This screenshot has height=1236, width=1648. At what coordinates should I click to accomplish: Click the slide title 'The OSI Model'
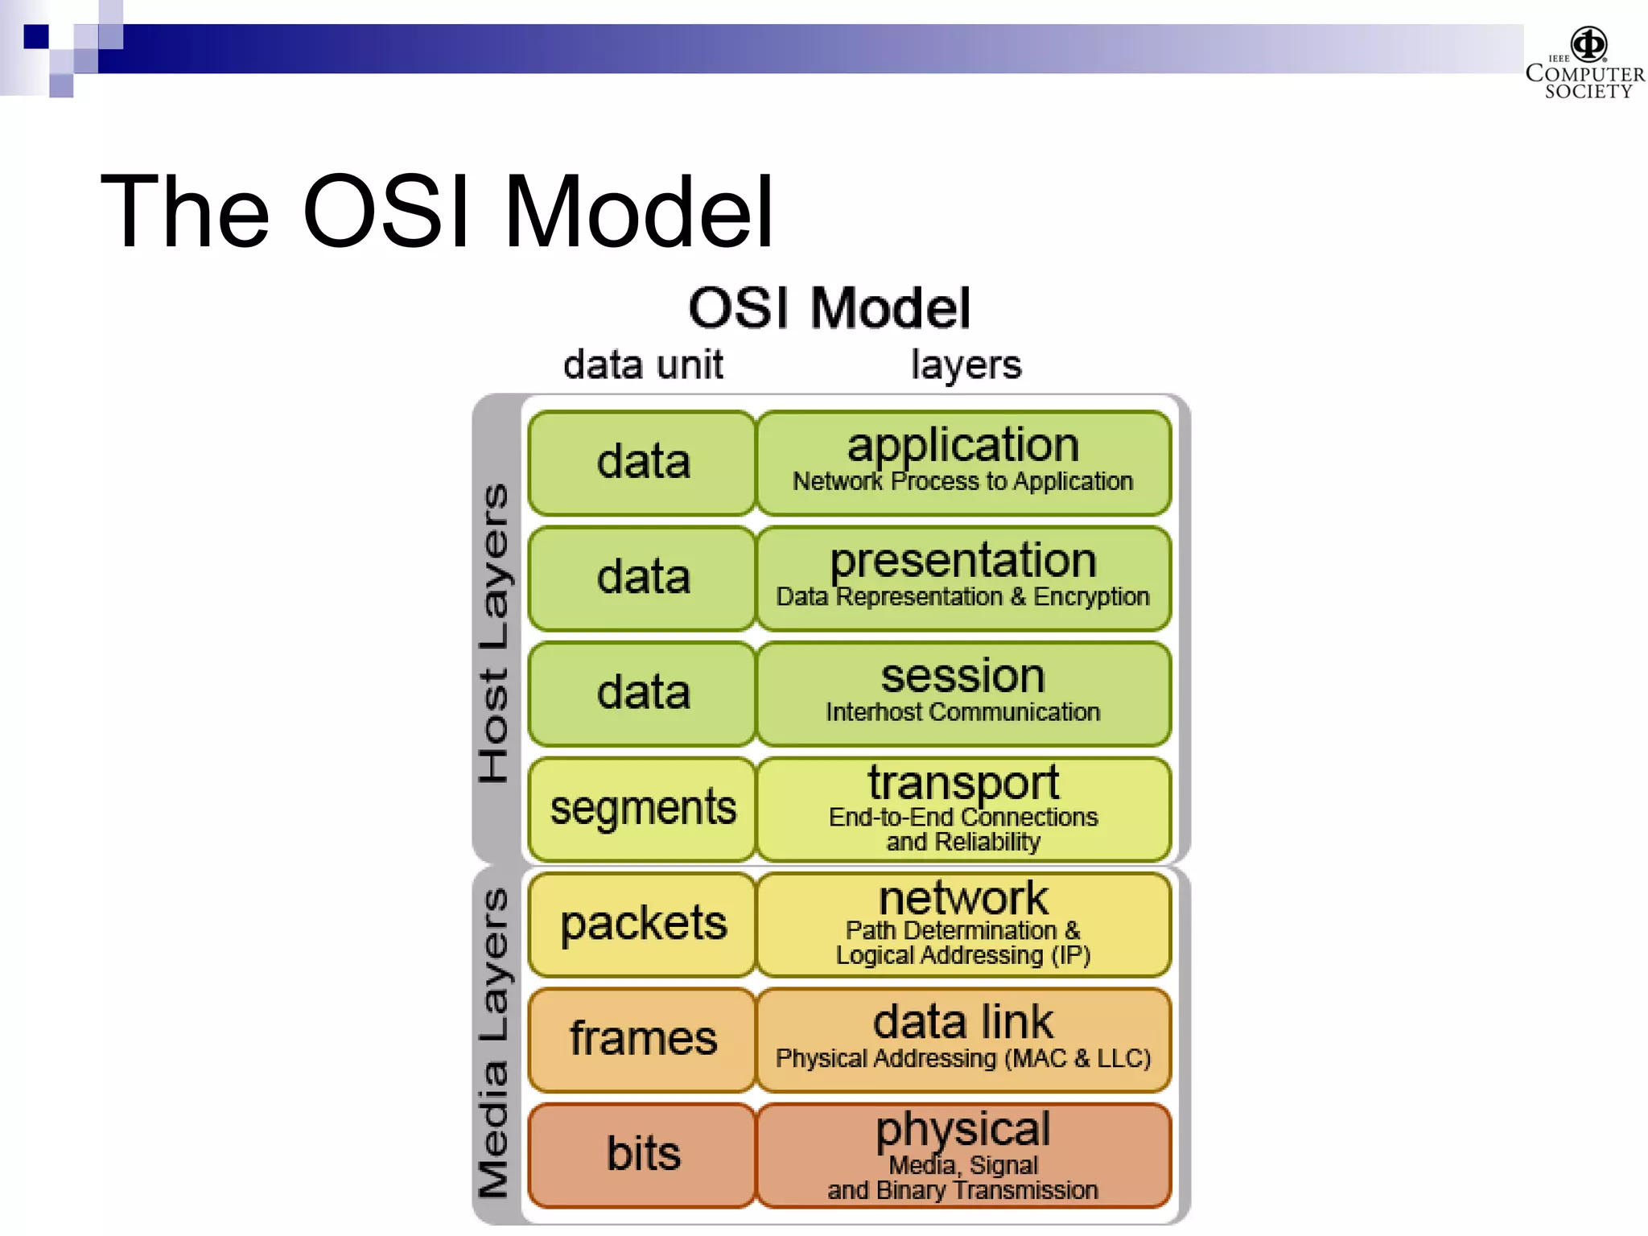tap(437, 212)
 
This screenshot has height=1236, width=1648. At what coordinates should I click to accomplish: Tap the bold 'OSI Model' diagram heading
tap(830, 308)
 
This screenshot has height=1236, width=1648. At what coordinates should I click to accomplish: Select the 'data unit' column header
tap(643, 365)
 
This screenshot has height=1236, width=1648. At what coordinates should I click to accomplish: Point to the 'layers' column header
tap(966, 365)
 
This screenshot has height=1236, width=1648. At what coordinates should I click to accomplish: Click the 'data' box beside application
tap(643, 463)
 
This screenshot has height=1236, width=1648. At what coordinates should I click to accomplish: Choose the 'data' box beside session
tap(643, 693)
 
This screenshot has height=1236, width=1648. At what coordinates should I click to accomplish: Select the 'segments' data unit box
tap(643, 808)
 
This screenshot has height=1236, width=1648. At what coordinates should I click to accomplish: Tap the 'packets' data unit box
tap(643, 924)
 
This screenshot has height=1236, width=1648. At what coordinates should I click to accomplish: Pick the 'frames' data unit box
tap(643, 1039)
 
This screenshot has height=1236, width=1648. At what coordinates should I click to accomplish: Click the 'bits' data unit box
tap(643, 1154)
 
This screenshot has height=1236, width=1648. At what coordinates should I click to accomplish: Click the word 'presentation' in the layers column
tap(963, 561)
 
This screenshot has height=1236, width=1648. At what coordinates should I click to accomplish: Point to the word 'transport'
tap(963, 782)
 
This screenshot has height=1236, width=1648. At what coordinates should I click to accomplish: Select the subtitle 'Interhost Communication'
tap(963, 712)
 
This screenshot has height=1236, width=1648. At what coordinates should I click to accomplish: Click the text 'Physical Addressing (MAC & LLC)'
tap(963, 1058)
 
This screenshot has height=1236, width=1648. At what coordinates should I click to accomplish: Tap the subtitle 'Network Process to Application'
tap(963, 482)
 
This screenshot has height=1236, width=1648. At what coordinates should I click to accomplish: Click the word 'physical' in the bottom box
tap(963, 1129)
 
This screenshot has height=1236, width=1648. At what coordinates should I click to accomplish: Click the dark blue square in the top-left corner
tap(36, 37)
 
